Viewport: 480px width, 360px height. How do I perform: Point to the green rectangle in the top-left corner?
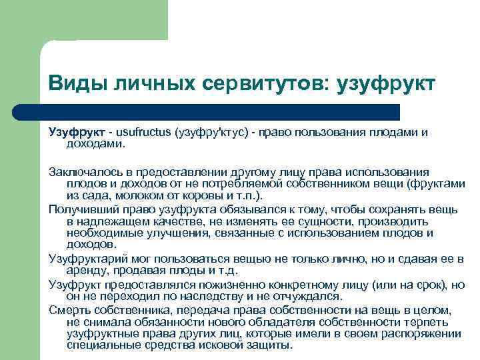[x=83, y=20]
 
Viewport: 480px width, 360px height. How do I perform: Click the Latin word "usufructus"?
[x=143, y=132]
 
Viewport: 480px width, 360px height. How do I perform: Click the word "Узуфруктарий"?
[x=85, y=258]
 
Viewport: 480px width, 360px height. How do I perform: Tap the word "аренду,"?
[x=86, y=270]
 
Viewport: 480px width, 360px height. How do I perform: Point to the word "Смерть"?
[x=67, y=309]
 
